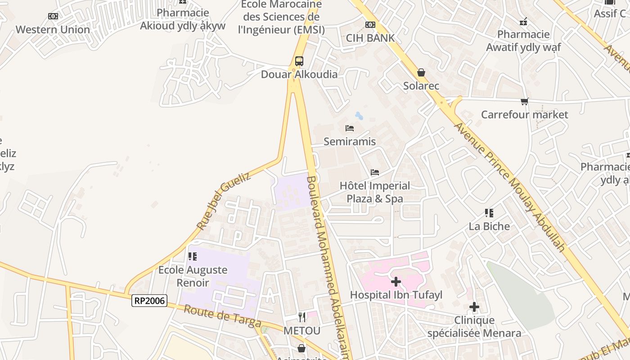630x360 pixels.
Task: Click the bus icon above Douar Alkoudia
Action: [x=299, y=61]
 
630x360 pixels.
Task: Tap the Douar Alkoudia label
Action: [x=299, y=74]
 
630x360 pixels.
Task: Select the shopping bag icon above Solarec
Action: [x=421, y=72]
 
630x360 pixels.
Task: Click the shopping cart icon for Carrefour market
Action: [x=524, y=102]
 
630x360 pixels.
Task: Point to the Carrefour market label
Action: [x=524, y=115]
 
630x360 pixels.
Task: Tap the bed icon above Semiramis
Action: [x=350, y=128]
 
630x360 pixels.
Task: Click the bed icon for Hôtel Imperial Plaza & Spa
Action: [x=374, y=172]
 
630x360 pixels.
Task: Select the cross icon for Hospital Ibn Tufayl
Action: [x=396, y=282]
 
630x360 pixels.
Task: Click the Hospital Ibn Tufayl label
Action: [x=396, y=295]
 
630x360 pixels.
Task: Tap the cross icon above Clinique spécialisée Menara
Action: [x=474, y=307]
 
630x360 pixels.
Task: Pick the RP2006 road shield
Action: [x=149, y=301]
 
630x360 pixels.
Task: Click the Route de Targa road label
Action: [x=223, y=316]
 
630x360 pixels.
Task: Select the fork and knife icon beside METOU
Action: [x=302, y=317]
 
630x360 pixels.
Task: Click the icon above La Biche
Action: [x=489, y=213]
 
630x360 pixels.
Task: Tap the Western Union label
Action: [x=53, y=30]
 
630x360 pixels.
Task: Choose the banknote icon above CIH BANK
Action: [x=370, y=25]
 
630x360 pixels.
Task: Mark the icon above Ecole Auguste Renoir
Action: [x=193, y=256]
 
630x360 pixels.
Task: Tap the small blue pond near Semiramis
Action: [x=359, y=116]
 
